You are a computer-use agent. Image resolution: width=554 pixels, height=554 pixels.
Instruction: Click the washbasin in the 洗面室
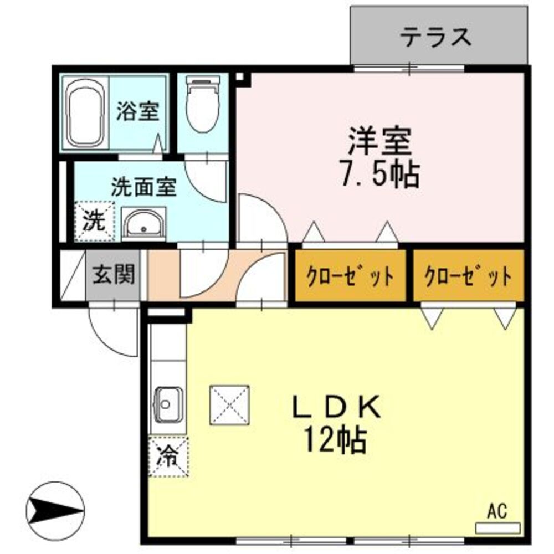tap(144, 224)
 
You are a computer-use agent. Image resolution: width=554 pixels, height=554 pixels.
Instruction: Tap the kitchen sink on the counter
tap(168, 405)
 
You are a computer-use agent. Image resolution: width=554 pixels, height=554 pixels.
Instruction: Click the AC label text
tap(497, 511)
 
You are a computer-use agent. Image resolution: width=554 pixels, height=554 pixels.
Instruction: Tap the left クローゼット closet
tap(351, 275)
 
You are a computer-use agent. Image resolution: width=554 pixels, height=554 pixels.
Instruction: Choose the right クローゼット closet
tap(468, 275)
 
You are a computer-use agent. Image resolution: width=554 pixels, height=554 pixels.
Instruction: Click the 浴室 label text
tap(137, 111)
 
